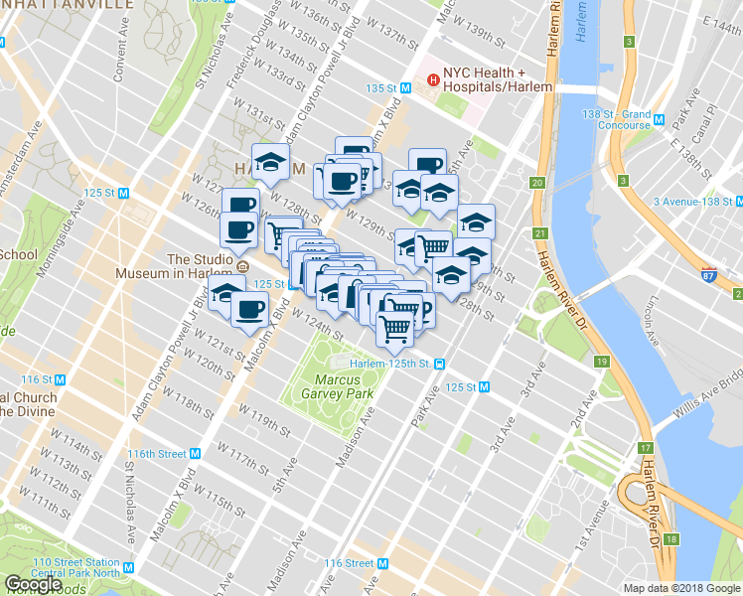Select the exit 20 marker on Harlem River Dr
click(537, 183)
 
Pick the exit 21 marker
click(540, 233)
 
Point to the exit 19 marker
click(602, 362)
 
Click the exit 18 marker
click(672, 539)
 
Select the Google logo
click(33, 584)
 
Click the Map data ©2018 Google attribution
click(681, 588)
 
